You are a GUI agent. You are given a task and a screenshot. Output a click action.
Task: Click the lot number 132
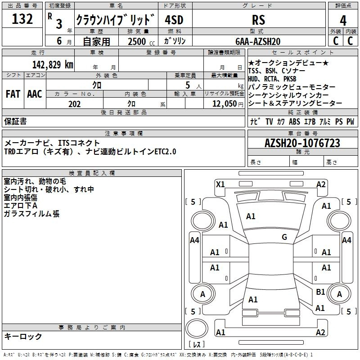tap(22, 19)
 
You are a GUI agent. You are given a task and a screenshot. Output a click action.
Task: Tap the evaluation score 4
tap(343, 20)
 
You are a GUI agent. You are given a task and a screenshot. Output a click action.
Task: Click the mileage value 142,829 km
tap(52, 64)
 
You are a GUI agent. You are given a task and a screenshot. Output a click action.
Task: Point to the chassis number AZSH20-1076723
tap(302, 143)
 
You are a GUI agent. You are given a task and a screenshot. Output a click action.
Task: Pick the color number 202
tap(74, 104)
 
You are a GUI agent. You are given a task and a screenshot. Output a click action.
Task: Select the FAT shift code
tap(13, 94)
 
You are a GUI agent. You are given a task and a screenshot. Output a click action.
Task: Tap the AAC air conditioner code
tap(35, 94)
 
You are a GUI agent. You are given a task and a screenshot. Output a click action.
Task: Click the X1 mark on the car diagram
tap(220, 184)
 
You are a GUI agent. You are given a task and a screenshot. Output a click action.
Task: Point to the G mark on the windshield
tap(284, 237)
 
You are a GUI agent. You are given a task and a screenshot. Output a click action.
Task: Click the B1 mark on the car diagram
tap(320, 292)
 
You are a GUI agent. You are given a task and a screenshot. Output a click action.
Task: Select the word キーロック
tap(23, 336)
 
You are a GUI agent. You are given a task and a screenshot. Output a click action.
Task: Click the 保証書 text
tap(15, 121)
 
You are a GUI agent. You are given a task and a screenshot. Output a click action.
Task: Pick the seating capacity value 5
tap(186, 85)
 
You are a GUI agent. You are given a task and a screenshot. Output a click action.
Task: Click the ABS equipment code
tap(294, 121)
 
